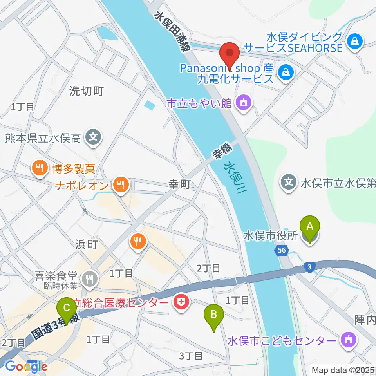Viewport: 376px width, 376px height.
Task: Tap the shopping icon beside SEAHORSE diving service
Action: coord(355,40)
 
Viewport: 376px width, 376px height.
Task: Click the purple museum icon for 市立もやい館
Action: coord(244,103)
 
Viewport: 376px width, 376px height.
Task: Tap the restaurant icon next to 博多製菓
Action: coord(39,169)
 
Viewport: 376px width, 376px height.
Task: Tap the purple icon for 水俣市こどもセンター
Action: coord(348,339)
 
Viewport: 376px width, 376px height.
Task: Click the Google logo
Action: coord(26,366)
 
